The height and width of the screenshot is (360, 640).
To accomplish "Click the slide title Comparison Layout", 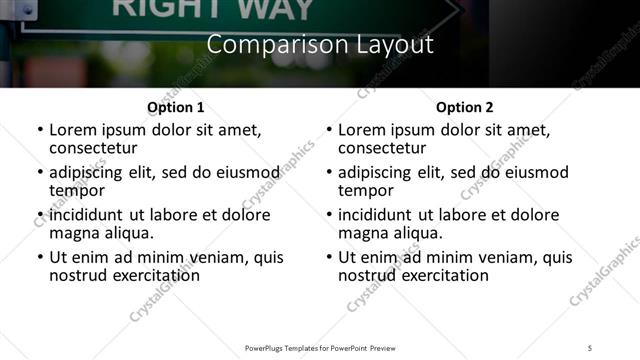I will pyautogui.click(x=320, y=45).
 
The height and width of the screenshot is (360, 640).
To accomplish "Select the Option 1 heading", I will pyautogui.click(x=176, y=107).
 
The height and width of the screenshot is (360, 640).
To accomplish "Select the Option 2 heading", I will pyautogui.click(x=465, y=107).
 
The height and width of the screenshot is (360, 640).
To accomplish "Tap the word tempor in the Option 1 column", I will pyautogui.click(x=78, y=190).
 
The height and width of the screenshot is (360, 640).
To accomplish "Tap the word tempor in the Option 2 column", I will pyautogui.click(x=367, y=190).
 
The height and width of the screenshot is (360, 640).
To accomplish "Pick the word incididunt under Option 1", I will pyautogui.click(x=87, y=215).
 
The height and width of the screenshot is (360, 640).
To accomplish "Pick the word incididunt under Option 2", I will pyautogui.click(x=376, y=215).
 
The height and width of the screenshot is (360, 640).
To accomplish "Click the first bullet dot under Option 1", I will pyautogui.click(x=40, y=131).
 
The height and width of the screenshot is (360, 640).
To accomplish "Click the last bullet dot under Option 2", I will pyautogui.click(x=329, y=257).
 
